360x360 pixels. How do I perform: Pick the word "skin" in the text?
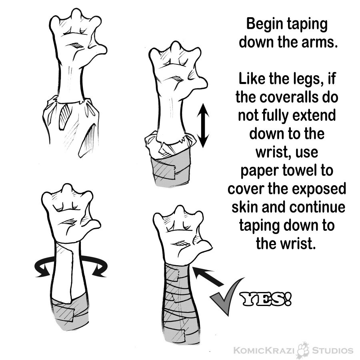coord(245,207)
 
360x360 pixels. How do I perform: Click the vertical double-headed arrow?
coord(203,125)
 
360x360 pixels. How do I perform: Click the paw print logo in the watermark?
coord(304,350)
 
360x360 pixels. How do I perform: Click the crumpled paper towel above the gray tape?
coord(170,144)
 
